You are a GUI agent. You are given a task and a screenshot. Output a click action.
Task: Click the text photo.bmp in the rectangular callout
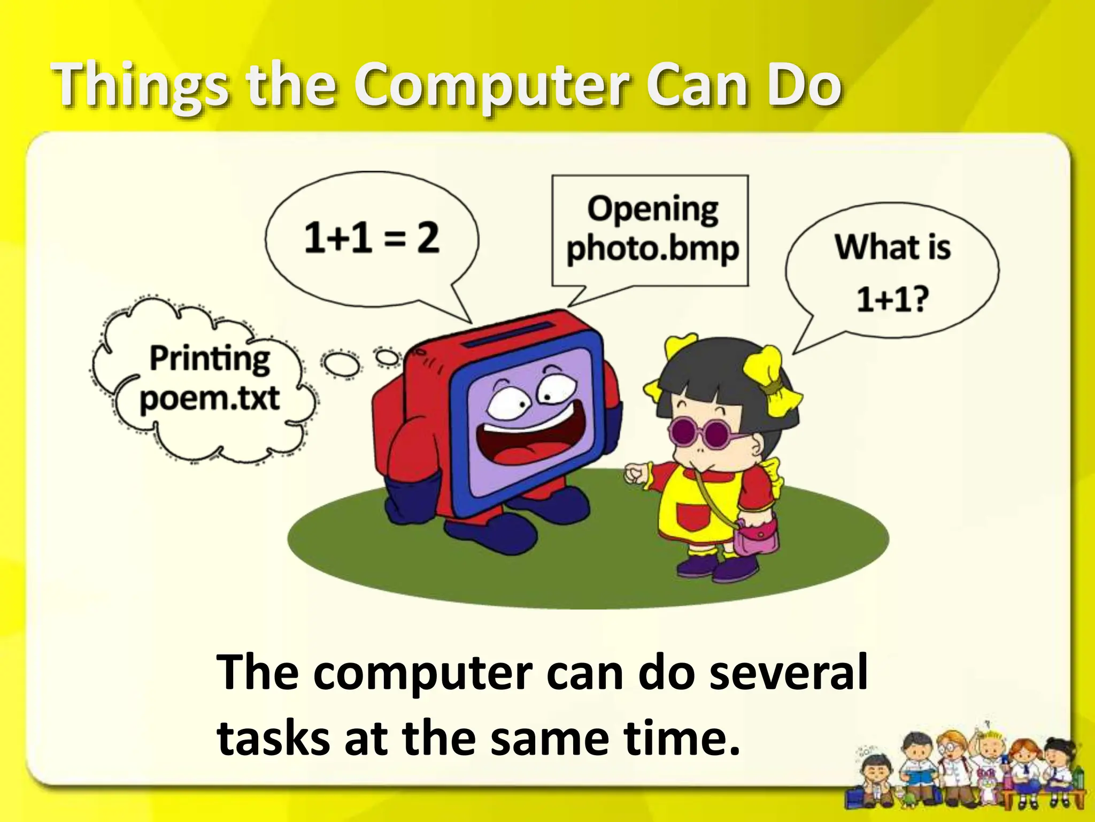pyautogui.click(x=653, y=249)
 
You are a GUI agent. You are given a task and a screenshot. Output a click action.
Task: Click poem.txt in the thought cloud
pyautogui.click(x=210, y=399)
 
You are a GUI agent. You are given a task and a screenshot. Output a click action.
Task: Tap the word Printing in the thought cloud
pyautogui.click(x=210, y=359)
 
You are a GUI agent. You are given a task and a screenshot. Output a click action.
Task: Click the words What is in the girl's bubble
pyautogui.click(x=893, y=247)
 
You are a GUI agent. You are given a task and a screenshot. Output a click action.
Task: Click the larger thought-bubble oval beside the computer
pyautogui.click(x=340, y=364)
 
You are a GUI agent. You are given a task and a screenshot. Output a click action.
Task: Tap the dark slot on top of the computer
pyautogui.click(x=508, y=334)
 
